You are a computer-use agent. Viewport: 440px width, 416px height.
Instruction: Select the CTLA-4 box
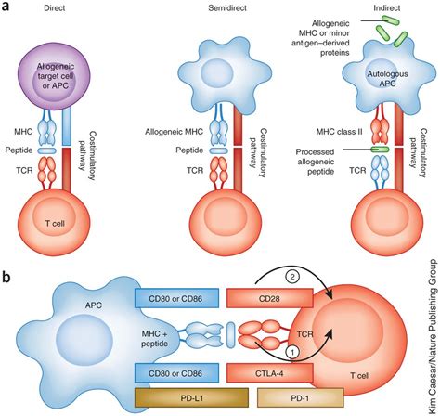pos(270,373)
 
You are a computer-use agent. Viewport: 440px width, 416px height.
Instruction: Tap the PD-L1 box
pos(191,397)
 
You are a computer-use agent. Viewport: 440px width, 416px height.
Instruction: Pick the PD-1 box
pos(301,397)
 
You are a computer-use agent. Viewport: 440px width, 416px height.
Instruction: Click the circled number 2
pos(292,278)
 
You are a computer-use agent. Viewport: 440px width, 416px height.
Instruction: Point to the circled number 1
pos(292,351)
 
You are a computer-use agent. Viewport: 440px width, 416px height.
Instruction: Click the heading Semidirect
pos(227,7)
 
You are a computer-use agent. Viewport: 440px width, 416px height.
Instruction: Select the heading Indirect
pos(386,7)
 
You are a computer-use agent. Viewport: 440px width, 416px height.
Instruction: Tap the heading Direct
pos(55,7)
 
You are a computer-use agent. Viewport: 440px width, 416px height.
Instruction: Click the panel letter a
pos(6,6)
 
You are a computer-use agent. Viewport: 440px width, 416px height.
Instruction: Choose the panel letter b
pos(6,277)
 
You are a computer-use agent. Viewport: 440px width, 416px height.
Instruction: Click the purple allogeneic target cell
pos(55,75)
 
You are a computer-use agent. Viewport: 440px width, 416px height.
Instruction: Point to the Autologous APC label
pos(387,79)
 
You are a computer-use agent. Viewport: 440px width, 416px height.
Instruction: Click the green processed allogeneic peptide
pos(380,149)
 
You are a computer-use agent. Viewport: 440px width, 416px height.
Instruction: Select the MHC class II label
pos(339,132)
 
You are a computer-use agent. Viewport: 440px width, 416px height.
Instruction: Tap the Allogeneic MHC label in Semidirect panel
pos(175,132)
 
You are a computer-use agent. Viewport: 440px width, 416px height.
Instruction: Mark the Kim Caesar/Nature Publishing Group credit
pos(433,337)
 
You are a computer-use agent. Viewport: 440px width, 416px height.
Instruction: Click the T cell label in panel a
pos(55,223)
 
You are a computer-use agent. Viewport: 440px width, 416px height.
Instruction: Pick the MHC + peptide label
pos(154,339)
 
